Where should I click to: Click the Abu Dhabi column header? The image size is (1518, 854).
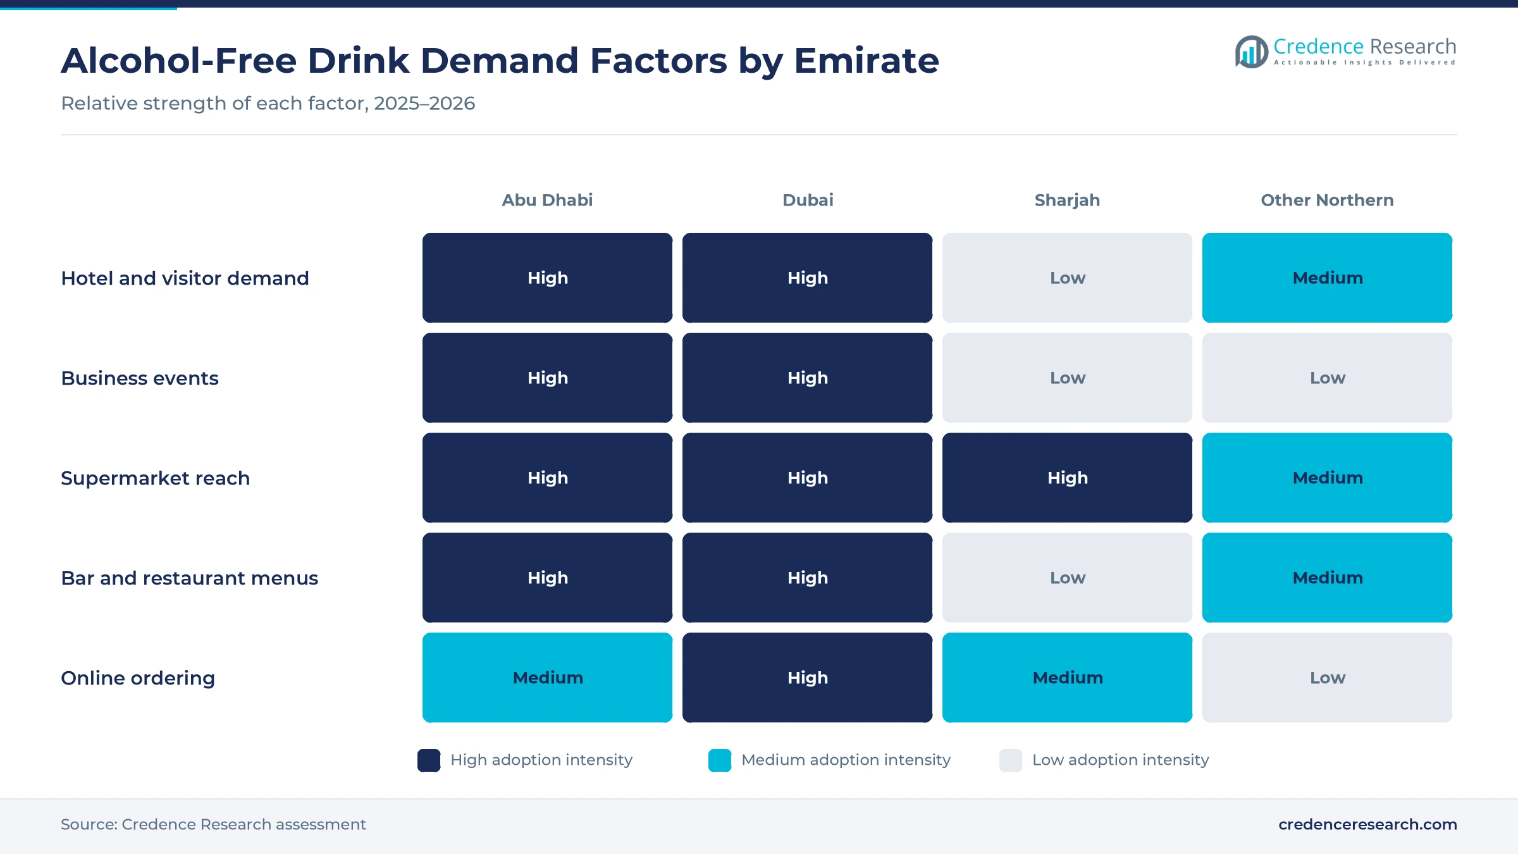point(547,200)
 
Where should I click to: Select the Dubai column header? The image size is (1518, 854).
point(808,200)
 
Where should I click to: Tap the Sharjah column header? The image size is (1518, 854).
point(1067,200)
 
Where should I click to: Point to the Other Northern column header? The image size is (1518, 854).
point(1327,200)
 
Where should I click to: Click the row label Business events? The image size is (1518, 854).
point(140,378)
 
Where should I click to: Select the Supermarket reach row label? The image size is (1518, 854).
point(156,478)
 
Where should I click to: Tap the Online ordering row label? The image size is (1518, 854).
point(138,678)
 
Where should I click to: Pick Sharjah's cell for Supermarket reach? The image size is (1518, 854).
point(1067,478)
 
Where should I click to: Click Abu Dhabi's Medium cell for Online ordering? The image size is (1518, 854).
point(547,678)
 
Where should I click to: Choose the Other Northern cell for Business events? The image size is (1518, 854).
point(1327,378)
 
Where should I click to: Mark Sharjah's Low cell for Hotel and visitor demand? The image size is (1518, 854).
point(1067,278)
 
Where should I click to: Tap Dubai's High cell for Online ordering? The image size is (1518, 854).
point(807,678)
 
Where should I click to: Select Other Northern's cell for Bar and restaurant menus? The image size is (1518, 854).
point(1327,578)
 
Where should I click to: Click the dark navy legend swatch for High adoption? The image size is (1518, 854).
point(429,760)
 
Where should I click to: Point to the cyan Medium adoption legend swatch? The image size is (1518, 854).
point(720,760)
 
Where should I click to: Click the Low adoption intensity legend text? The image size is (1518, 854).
point(1120,760)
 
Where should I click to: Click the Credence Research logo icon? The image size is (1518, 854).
point(1251,52)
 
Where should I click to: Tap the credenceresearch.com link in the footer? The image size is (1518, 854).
point(1367,824)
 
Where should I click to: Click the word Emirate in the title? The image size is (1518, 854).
point(866,61)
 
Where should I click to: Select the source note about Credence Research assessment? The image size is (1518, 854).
point(213,824)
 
